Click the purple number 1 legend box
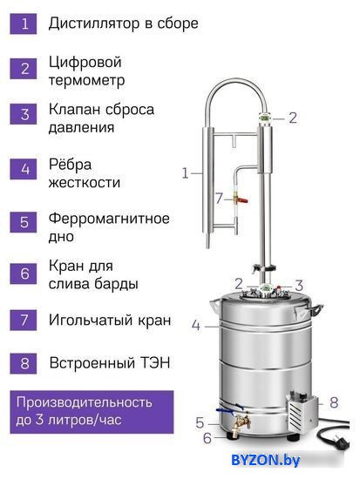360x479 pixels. pos(24,24)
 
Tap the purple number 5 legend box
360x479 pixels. pos(24,222)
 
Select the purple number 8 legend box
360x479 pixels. pos(24,363)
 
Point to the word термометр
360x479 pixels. pos(87,81)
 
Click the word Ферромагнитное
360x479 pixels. pos(109,219)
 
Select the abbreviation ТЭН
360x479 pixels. pos(155,363)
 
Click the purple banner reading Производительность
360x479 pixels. pos(92,412)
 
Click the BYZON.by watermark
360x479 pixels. pos(266,460)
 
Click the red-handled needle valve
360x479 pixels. pos(240,199)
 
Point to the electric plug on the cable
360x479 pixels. pos(340,442)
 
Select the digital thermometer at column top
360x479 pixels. pos(264,118)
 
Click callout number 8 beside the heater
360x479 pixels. pos(334,402)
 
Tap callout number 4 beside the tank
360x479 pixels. pos(196,325)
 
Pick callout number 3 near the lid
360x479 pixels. pos(299,286)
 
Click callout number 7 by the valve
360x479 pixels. pos(219,199)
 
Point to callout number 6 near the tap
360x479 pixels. pos(207,438)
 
